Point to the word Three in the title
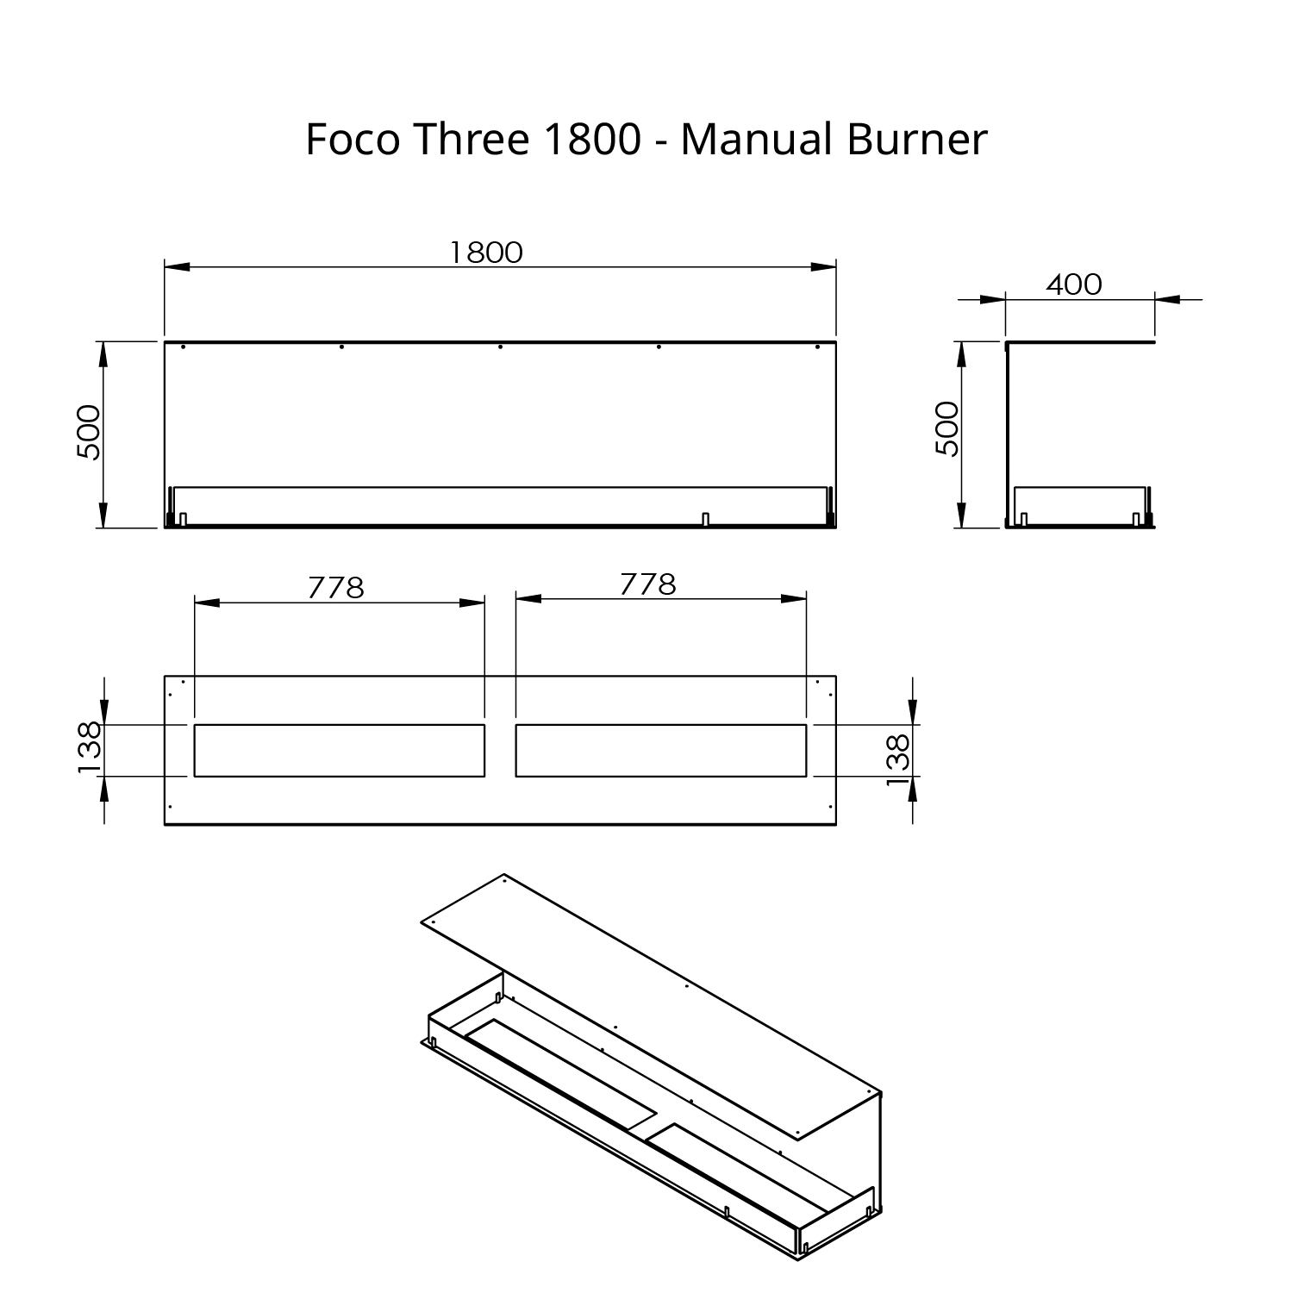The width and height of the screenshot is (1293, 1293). tap(471, 139)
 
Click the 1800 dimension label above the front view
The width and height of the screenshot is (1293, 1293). tap(486, 252)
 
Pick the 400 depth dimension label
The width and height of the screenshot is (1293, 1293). tap(1074, 284)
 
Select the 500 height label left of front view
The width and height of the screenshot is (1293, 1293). tap(89, 432)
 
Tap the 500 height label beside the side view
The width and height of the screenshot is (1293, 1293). tap(946, 429)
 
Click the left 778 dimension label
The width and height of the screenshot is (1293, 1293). tap(336, 588)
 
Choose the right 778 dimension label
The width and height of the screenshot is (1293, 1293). tap(648, 584)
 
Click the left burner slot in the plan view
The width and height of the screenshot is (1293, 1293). tap(340, 751)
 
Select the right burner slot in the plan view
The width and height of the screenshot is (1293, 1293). tap(661, 751)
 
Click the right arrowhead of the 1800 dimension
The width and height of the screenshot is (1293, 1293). tap(824, 267)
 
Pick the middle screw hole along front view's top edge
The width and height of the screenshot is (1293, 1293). tap(501, 347)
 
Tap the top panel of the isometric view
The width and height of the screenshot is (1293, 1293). tap(655, 1009)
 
